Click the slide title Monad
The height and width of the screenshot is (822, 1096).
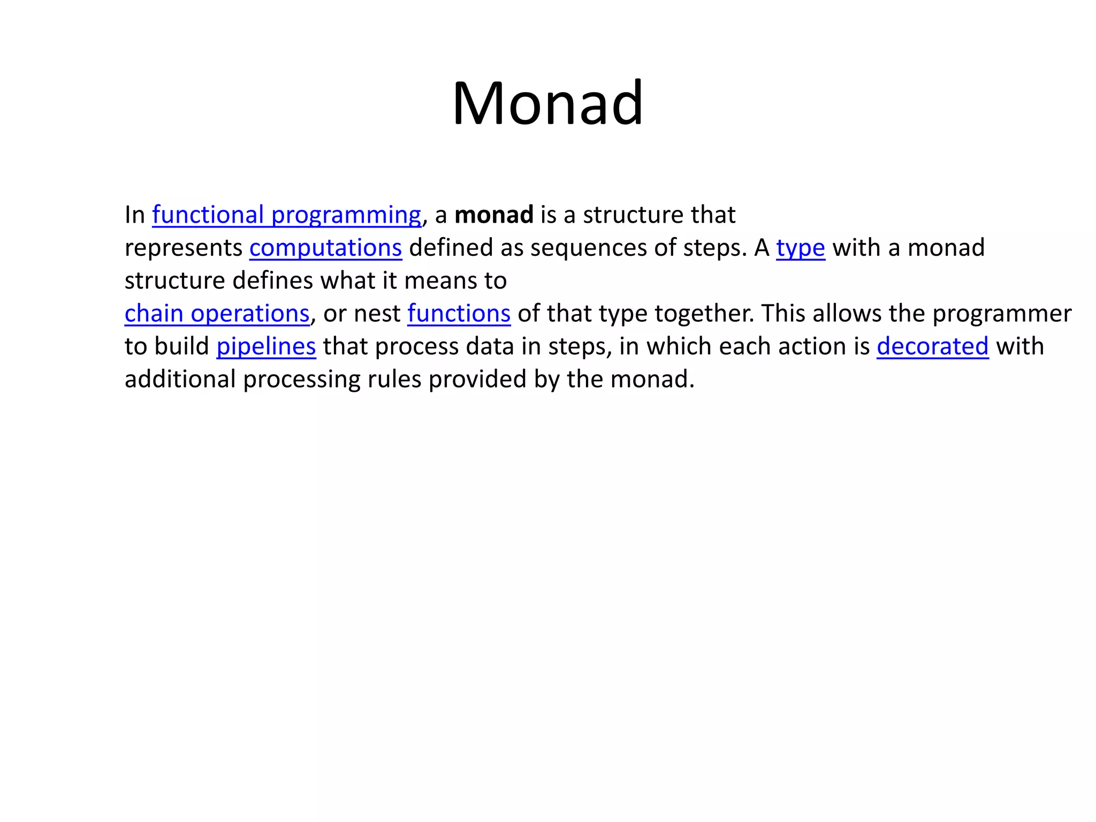click(x=547, y=103)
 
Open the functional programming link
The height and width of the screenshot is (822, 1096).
click(x=286, y=215)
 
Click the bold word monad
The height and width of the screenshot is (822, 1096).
click(x=493, y=215)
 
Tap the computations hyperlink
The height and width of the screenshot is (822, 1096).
click(x=325, y=248)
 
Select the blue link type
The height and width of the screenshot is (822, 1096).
click(x=800, y=248)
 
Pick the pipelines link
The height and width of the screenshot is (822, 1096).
click(x=266, y=347)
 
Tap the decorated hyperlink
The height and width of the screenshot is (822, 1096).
click(x=932, y=347)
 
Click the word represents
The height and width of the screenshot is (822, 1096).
click(x=184, y=248)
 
